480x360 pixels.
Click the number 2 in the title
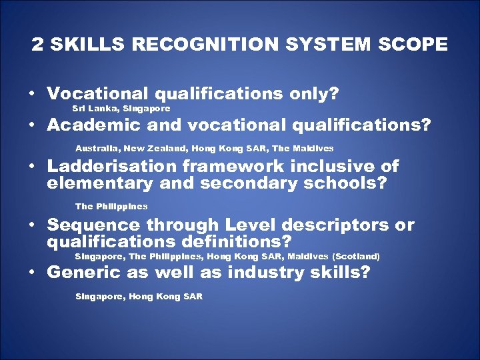tap(37, 45)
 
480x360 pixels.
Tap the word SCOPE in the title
tap(413, 45)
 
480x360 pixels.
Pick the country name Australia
tap(98, 148)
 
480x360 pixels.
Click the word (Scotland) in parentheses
tap(356, 256)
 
